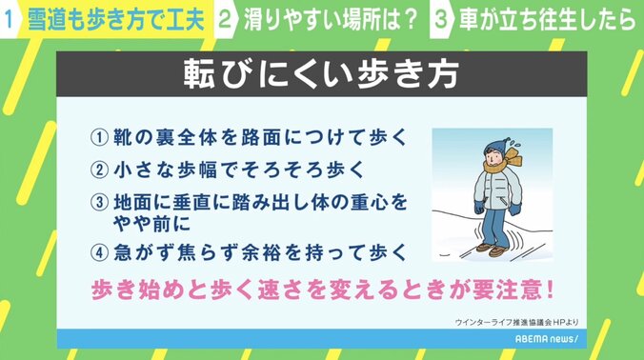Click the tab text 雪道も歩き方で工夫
tap(111, 20)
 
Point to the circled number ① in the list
tap(98, 136)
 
